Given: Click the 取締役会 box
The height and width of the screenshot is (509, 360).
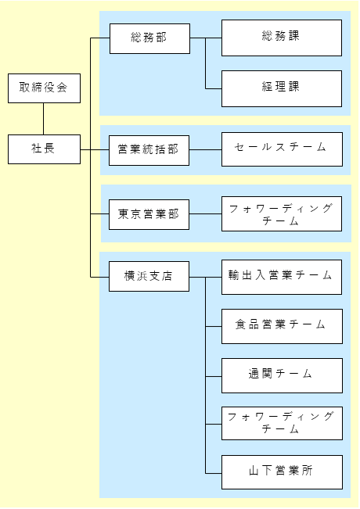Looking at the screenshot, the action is click(x=44, y=88).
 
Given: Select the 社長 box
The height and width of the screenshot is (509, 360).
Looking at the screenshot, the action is click(x=44, y=149).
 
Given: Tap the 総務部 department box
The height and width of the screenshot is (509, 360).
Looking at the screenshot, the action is click(x=149, y=38).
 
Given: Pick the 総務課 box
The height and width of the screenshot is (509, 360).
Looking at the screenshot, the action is click(x=282, y=38).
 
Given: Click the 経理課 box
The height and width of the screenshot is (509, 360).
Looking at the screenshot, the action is click(x=282, y=88).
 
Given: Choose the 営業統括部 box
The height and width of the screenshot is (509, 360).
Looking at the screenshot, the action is click(x=149, y=151).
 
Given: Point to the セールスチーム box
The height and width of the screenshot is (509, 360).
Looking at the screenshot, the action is click(x=282, y=149).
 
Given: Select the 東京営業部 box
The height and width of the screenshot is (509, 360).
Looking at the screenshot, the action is click(x=149, y=214).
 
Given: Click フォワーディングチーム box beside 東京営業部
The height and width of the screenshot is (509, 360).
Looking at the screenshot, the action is click(x=282, y=214).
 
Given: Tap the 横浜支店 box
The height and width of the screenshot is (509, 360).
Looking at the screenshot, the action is click(x=149, y=276).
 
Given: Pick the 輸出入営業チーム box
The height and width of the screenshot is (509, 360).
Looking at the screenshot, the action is click(x=282, y=278).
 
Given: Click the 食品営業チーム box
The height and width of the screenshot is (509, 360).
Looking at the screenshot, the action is click(x=282, y=327).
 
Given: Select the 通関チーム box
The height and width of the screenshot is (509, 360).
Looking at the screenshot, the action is click(x=282, y=376).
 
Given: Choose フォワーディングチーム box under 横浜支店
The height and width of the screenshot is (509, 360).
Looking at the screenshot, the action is click(x=282, y=424).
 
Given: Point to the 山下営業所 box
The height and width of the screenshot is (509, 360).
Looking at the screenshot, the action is click(x=282, y=472).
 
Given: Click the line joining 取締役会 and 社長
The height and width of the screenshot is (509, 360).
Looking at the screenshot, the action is click(x=44, y=119).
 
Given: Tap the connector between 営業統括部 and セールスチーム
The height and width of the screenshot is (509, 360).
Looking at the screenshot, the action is click(x=205, y=150).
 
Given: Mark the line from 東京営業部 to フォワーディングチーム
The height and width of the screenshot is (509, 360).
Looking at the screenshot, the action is click(x=205, y=214).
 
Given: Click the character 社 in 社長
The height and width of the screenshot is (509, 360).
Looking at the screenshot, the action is click(x=36, y=149).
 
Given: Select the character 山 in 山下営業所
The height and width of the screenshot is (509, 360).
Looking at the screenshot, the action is click(x=254, y=471).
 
